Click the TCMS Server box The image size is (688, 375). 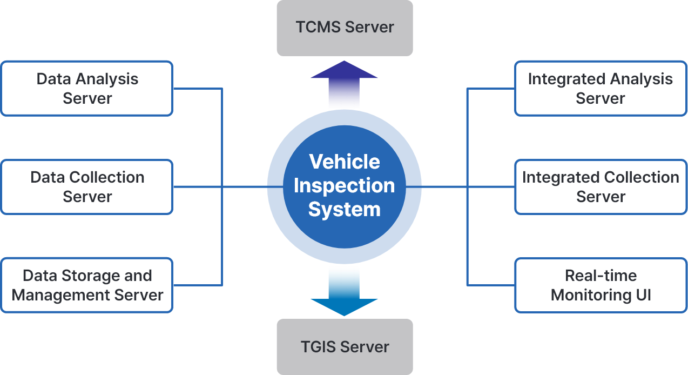pos(345,28)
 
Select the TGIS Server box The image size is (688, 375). pos(345,346)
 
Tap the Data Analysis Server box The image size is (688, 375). pos(87,89)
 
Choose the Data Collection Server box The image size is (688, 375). pos(87,187)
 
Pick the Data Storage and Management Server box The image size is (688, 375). pos(87,285)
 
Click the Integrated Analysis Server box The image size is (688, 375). pos(600,89)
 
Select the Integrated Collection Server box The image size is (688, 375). pos(600,187)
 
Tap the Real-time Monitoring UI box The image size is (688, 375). pos(600,285)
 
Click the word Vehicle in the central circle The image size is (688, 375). pos(345,162)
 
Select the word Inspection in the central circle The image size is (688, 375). pos(345,185)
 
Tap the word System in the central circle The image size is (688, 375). pos(345,209)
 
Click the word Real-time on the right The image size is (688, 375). pos(601,276)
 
